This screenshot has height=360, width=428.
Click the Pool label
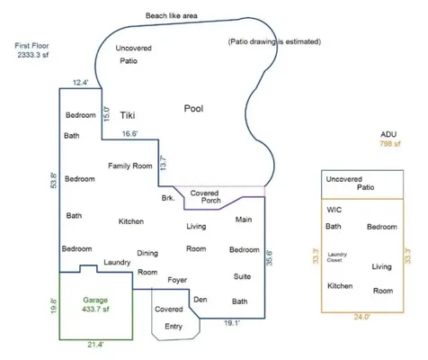[x=193, y=108]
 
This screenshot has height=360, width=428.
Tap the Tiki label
[x=128, y=115]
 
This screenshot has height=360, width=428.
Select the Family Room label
[x=130, y=166]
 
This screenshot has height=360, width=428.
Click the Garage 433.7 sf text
[x=95, y=304]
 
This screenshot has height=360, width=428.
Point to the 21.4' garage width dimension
[x=95, y=345]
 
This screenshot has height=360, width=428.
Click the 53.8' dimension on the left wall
[x=54, y=180]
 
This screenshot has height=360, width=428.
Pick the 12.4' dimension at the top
[x=80, y=83]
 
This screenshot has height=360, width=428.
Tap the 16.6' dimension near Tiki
[x=129, y=133]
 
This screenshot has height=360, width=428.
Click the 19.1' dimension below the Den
[x=232, y=323]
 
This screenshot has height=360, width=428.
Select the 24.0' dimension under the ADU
[x=361, y=317]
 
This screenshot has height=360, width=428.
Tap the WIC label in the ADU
[x=334, y=210]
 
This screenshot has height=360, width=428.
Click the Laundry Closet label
[x=337, y=257]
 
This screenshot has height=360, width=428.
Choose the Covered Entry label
[x=169, y=318]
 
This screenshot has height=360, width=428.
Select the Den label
[x=201, y=300]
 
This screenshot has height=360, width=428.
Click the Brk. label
[x=168, y=198]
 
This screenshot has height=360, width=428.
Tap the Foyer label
[x=177, y=280]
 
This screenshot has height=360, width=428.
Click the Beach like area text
[x=172, y=15]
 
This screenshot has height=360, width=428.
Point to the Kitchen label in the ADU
[x=340, y=286]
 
